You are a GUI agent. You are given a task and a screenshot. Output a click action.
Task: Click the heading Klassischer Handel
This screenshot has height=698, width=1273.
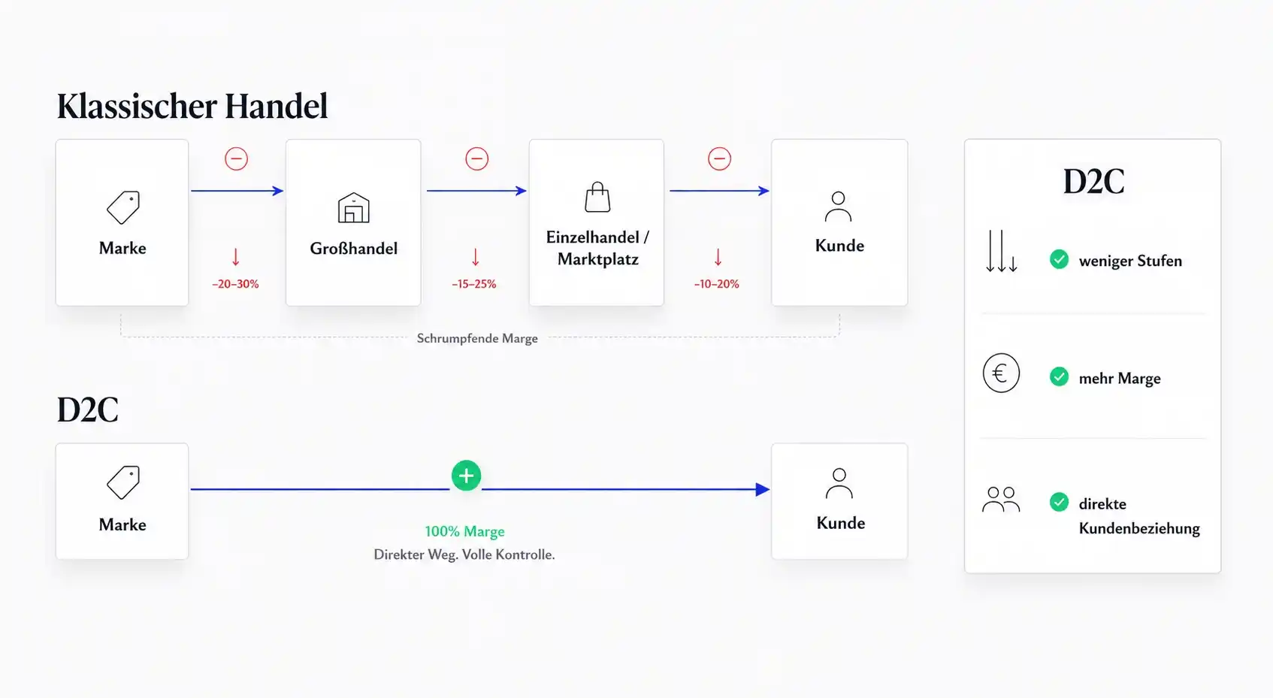[x=192, y=106]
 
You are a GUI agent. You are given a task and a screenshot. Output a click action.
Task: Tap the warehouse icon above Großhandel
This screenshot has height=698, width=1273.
[x=353, y=207]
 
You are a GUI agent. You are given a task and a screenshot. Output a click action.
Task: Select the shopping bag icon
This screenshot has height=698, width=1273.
[x=597, y=198]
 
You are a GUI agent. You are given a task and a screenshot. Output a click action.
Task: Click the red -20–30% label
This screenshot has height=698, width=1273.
[x=235, y=284]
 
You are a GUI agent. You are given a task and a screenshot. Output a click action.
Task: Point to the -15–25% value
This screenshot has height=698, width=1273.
[x=474, y=284]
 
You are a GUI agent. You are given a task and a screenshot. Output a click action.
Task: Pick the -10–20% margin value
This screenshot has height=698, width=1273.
[x=717, y=284]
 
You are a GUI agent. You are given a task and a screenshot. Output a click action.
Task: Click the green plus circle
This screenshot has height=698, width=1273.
[x=466, y=476]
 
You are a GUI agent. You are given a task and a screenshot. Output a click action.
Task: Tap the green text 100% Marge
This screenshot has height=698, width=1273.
[x=465, y=531]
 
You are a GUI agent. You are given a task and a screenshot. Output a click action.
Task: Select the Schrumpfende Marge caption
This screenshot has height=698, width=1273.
[x=477, y=338]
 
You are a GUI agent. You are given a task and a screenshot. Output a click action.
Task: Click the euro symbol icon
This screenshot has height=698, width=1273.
[x=1001, y=373]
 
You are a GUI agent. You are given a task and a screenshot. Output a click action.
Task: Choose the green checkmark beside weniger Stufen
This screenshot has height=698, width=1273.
[x=1059, y=260]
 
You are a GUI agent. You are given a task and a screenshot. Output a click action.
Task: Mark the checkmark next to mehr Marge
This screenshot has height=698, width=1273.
[x=1059, y=377]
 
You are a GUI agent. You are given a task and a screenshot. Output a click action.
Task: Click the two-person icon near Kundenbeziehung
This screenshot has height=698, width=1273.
[x=1001, y=500]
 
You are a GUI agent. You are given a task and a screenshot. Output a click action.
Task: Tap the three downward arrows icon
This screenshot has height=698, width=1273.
[x=1002, y=251]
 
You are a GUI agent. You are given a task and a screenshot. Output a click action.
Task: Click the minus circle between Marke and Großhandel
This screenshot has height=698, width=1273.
[x=237, y=159]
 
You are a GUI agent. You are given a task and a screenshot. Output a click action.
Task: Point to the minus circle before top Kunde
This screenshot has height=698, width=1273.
[x=719, y=159]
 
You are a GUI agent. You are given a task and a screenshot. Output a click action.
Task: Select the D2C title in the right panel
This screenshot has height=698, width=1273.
[x=1093, y=182]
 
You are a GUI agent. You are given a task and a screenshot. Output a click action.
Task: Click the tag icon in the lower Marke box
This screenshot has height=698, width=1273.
[x=123, y=482]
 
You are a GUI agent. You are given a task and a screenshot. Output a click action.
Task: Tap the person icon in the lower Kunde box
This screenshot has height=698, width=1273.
[x=839, y=483]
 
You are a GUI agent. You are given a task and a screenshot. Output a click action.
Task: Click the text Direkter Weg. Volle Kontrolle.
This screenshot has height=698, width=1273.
[x=464, y=554]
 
